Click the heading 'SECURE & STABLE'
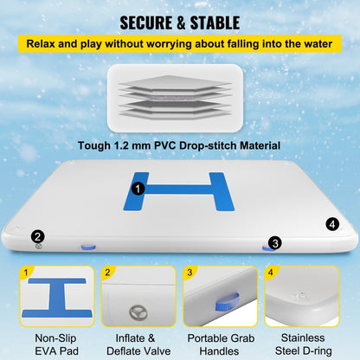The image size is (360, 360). pyautogui.click(x=180, y=20)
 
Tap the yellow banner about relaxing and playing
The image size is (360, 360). pyautogui.click(x=180, y=42)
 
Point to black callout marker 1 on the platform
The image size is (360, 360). pyautogui.click(x=138, y=186)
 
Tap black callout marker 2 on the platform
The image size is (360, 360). pyautogui.click(x=37, y=235)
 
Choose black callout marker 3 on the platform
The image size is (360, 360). pyautogui.click(x=274, y=243)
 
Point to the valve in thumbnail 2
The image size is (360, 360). pyautogui.click(x=132, y=307)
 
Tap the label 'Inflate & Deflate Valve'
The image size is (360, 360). pyautogui.click(x=135, y=345)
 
